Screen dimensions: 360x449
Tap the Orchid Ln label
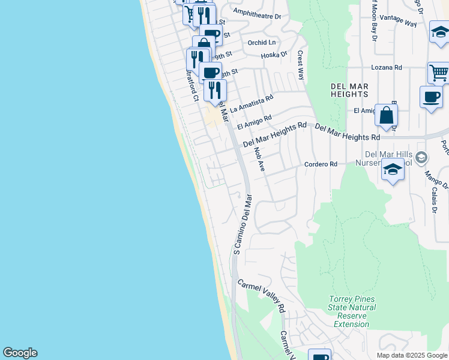(262, 43)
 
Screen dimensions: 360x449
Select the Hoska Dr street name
(274, 55)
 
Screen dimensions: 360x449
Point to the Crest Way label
(301, 63)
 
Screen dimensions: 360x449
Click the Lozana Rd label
(386, 68)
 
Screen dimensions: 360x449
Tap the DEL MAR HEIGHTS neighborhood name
(349, 91)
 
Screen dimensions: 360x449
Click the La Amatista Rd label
(252, 104)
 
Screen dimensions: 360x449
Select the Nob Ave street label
(259, 160)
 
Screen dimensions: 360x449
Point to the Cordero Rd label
(321, 164)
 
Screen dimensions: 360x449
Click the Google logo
(20, 353)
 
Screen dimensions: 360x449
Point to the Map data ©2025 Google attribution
(411, 355)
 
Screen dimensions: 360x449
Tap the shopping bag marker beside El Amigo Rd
(386, 115)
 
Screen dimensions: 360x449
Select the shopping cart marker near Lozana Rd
(439, 73)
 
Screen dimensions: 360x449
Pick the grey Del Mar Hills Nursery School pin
(421, 158)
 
